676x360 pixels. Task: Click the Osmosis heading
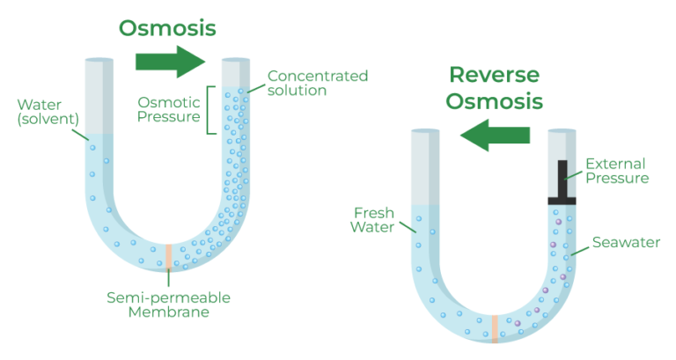[167, 26]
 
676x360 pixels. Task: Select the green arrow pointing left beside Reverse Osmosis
[496, 135]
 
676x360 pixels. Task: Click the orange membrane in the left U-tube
[168, 257]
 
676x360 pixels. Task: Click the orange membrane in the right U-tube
[496, 327]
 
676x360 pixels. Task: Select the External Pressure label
[616, 171]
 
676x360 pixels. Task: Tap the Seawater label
[626, 242]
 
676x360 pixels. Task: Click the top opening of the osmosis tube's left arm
[98, 61]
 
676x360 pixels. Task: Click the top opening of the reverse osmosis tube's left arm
[426, 131]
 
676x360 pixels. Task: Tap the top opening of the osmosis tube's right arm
[234, 61]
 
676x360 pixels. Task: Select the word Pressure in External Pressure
[616, 179]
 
